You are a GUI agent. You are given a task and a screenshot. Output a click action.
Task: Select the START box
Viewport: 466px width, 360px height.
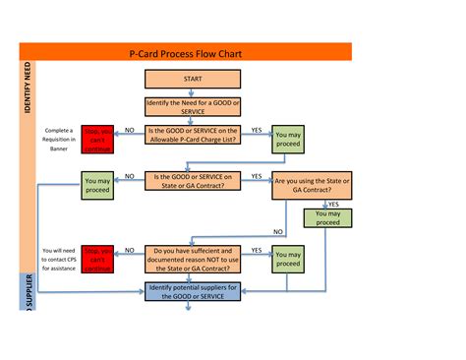[193, 79]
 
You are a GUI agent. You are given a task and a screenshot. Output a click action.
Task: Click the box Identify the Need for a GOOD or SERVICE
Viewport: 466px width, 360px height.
[193, 107]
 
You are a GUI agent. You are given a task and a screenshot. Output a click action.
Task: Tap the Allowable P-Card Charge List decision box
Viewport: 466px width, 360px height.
[193, 136]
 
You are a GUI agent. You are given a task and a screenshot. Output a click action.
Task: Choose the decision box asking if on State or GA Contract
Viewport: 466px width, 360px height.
[193, 182]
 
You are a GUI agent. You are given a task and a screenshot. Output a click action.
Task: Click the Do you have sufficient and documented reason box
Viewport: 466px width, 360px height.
[193, 259]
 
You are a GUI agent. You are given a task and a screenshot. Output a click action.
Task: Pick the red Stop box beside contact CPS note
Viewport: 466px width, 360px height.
[98, 259]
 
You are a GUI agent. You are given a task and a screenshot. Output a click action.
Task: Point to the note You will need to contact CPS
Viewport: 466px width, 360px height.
[56, 259]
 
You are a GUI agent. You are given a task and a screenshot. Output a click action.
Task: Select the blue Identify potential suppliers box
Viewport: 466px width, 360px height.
[193, 292]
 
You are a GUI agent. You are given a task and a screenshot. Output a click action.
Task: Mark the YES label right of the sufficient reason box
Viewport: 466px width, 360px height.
[257, 251]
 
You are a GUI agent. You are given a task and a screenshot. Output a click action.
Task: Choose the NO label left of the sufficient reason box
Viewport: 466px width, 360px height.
[130, 251]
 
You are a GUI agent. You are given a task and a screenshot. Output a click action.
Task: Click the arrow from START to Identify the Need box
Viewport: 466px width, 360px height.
[193, 92]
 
